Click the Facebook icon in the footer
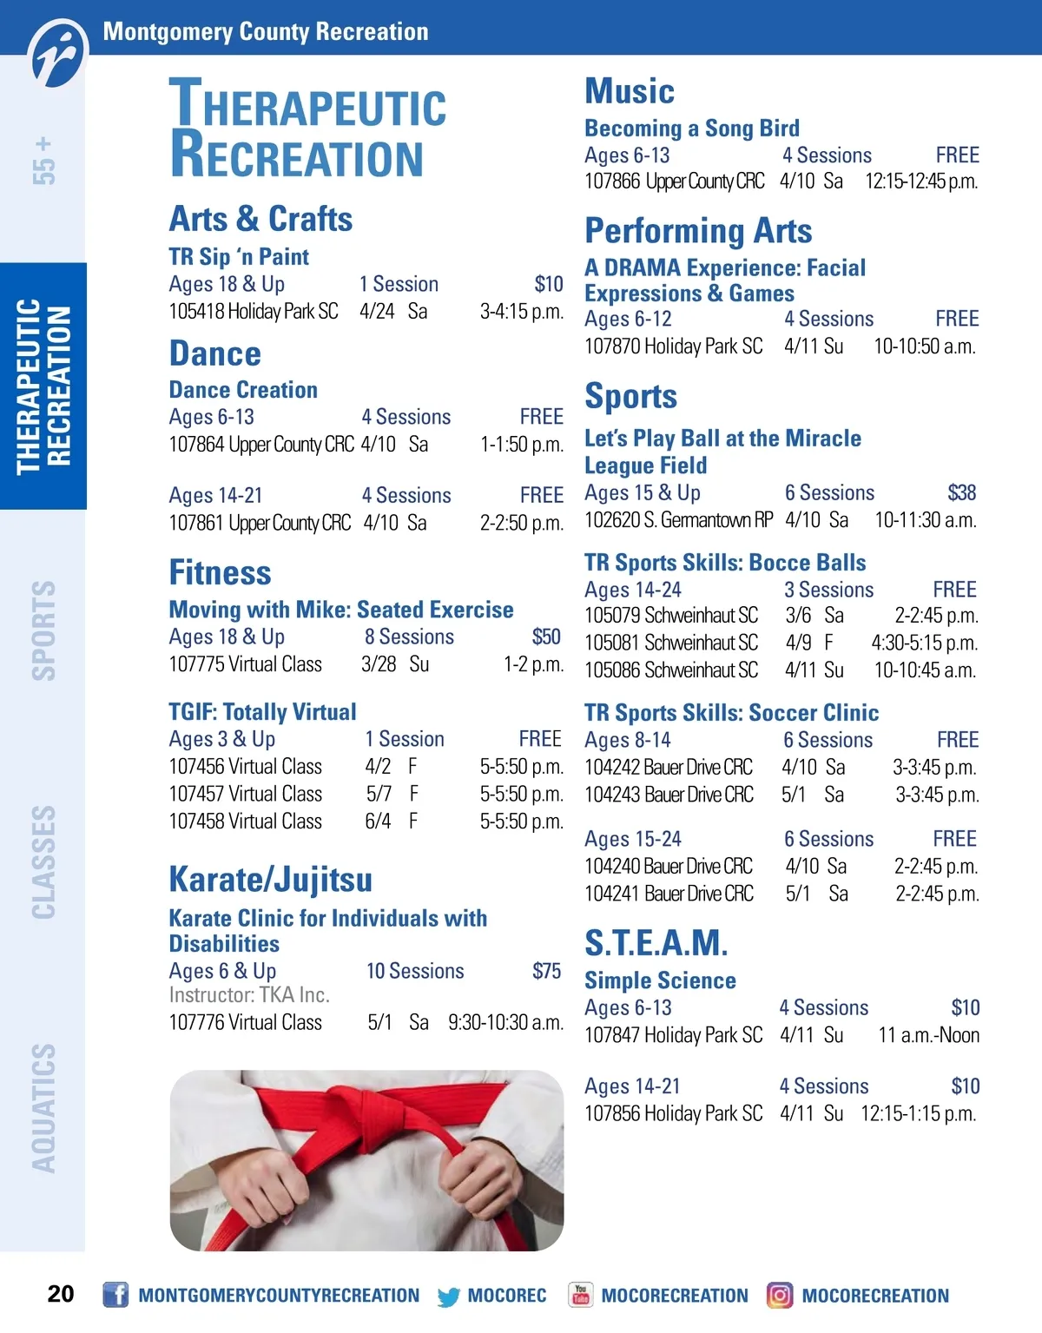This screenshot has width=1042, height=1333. point(115,1295)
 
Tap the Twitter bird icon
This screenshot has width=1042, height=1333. point(449,1297)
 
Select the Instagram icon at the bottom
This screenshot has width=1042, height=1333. point(780,1295)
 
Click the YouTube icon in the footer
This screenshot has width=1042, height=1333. point(580,1295)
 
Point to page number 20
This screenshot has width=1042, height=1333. point(61,1294)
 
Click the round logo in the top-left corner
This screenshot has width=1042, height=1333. point(59,54)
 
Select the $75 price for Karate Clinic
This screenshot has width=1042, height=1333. point(546,971)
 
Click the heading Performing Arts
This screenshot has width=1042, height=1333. point(698,231)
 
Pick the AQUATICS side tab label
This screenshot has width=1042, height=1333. point(43,1108)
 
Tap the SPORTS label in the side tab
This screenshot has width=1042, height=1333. point(43,630)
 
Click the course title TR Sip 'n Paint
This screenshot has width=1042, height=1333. point(239,257)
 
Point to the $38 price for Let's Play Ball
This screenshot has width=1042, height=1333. point(961,493)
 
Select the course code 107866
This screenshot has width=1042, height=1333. point(612,181)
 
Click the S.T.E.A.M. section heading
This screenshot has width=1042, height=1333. point(656,943)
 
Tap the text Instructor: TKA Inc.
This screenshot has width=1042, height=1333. point(249,995)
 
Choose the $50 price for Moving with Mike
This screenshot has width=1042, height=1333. point(546,637)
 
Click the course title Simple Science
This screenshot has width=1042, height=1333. point(660,980)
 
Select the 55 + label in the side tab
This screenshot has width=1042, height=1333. point(43,161)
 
